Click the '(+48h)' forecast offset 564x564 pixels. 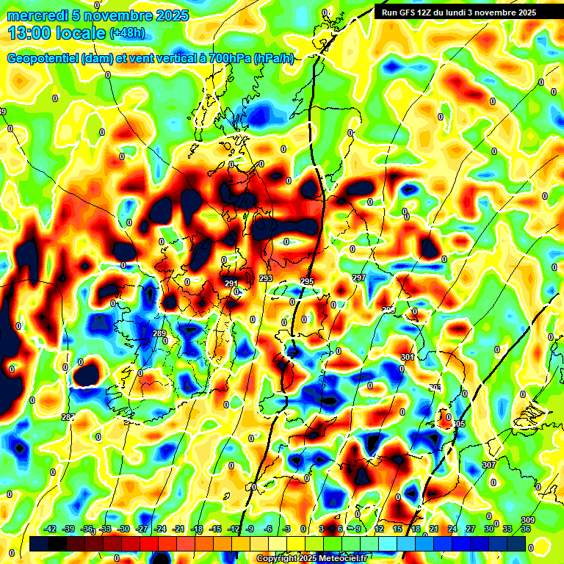(128, 33)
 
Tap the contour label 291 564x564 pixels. (231, 284)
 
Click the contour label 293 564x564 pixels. (266, 279)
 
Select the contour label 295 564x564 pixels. (307, 282)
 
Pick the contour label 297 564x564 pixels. (359, 278)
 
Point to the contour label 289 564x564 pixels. (159, 334)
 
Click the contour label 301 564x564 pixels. (408, 357)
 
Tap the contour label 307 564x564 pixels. (489, 466)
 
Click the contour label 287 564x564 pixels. (68, 417)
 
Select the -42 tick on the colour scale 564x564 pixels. (51, 529)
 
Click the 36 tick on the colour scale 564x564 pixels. (526, 529)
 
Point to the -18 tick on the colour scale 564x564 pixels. (197, 529)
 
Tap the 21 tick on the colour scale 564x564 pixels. (434, 529)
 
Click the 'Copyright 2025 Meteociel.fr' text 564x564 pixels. (311, 558)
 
